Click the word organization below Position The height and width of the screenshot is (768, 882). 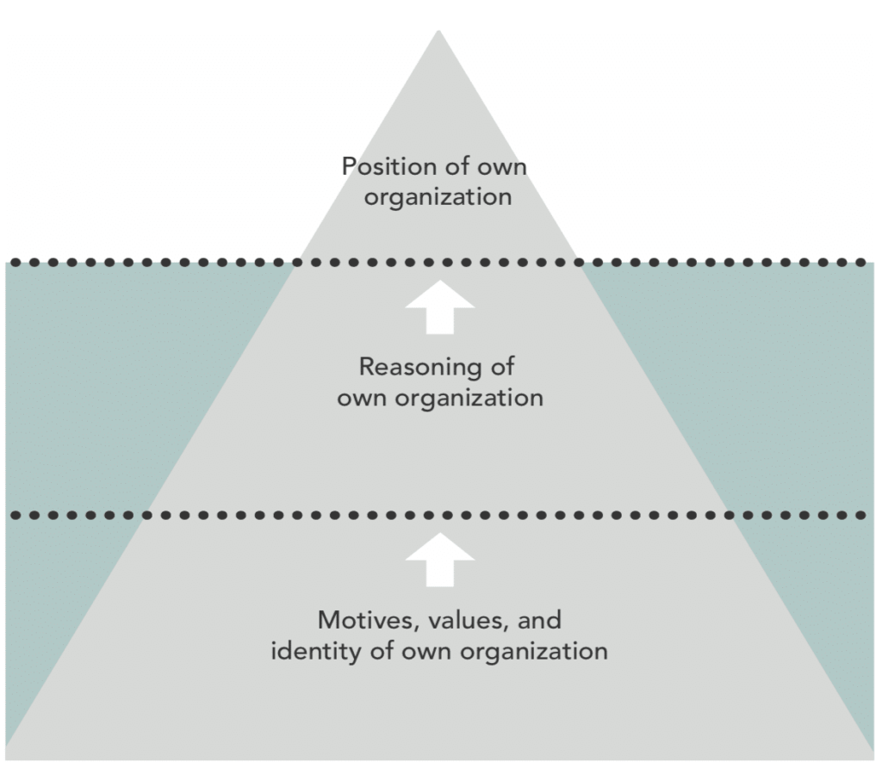[438, 197]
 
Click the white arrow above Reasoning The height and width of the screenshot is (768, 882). [439, 307]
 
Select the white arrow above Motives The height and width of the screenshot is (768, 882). [439, 561]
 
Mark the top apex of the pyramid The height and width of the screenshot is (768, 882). [439, 32]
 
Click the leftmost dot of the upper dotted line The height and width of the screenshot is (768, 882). [14, 262]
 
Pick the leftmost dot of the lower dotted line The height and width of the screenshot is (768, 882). [14, 515]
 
